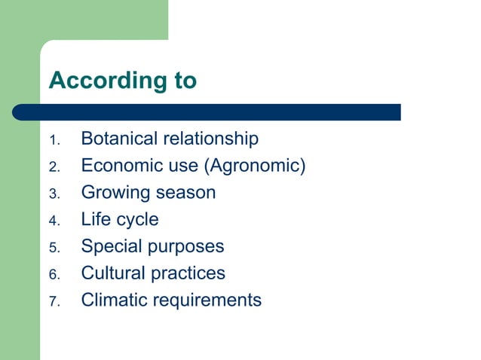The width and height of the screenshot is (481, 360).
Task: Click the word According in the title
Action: coord(103,81)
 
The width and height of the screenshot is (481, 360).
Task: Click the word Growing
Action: coord(115,193)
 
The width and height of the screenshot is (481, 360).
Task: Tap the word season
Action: coord(185,193)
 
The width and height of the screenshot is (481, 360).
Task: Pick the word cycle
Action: coord(136,220)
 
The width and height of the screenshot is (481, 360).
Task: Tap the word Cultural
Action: coord(112,273)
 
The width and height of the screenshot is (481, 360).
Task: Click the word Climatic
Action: coord(114,300)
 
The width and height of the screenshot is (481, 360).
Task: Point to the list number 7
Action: coord(53,302)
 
